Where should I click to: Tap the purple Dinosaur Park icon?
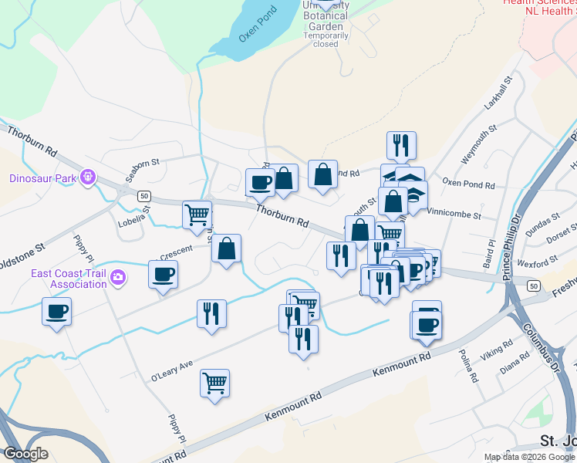coord(89,178)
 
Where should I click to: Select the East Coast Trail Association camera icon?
coord(117,276)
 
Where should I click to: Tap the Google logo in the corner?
coord(25,454)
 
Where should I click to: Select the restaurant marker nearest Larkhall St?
coord(401,145)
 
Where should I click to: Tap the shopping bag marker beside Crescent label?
coord(227,249)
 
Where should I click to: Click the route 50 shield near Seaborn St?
coord(144,196)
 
